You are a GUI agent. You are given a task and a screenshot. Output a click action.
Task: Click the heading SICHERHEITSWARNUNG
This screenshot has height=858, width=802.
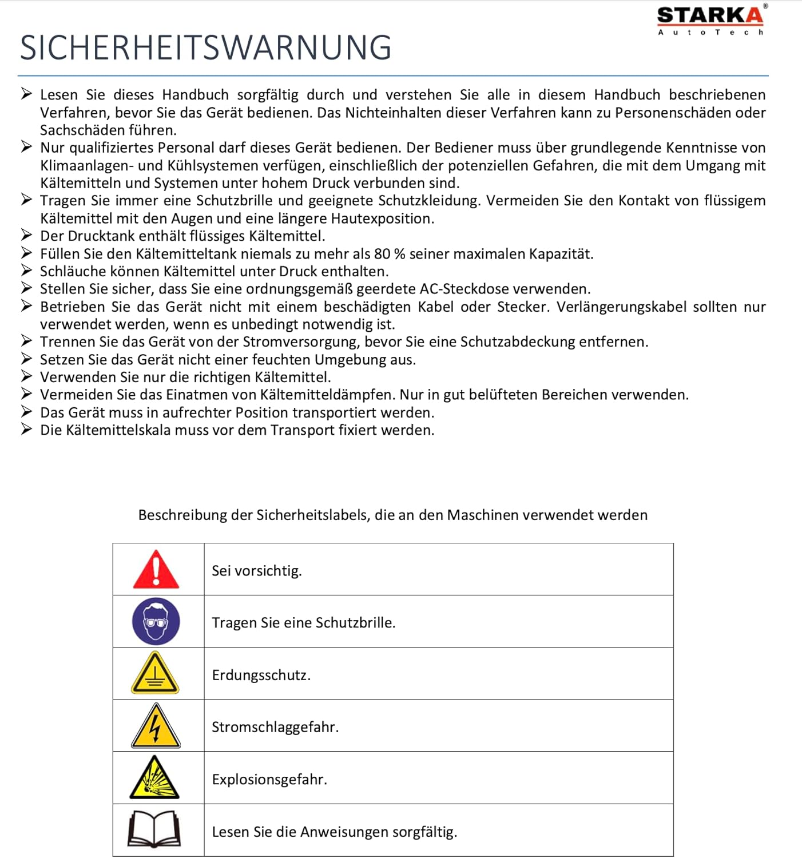206,47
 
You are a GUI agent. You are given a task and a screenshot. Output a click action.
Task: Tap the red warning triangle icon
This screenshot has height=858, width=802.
156,570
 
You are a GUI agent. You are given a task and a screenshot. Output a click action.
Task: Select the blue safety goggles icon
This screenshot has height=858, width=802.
156,622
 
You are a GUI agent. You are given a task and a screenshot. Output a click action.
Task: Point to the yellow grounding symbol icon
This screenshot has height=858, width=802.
156,673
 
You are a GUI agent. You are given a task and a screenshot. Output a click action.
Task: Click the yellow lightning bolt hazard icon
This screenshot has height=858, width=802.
156,726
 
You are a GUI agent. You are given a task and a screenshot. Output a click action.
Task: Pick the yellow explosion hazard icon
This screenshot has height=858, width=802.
154,778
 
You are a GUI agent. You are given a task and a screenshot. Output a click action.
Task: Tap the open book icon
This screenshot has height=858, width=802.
154,829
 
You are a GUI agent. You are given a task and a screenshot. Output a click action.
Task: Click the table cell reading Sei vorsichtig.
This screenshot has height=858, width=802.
257,571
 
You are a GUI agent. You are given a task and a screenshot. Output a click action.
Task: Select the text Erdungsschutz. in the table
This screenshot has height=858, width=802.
261,675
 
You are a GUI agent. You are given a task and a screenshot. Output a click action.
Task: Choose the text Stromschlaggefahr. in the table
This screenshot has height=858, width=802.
275,727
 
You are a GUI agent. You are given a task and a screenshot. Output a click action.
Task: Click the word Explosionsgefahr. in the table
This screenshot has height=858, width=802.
269,780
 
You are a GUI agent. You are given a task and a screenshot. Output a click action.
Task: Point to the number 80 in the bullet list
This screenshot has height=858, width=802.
382,254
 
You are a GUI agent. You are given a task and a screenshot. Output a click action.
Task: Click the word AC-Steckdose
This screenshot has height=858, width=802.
470,289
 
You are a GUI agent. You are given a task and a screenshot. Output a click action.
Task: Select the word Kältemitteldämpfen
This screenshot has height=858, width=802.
327,395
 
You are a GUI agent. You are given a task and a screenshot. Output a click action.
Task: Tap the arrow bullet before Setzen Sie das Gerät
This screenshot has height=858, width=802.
26,359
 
